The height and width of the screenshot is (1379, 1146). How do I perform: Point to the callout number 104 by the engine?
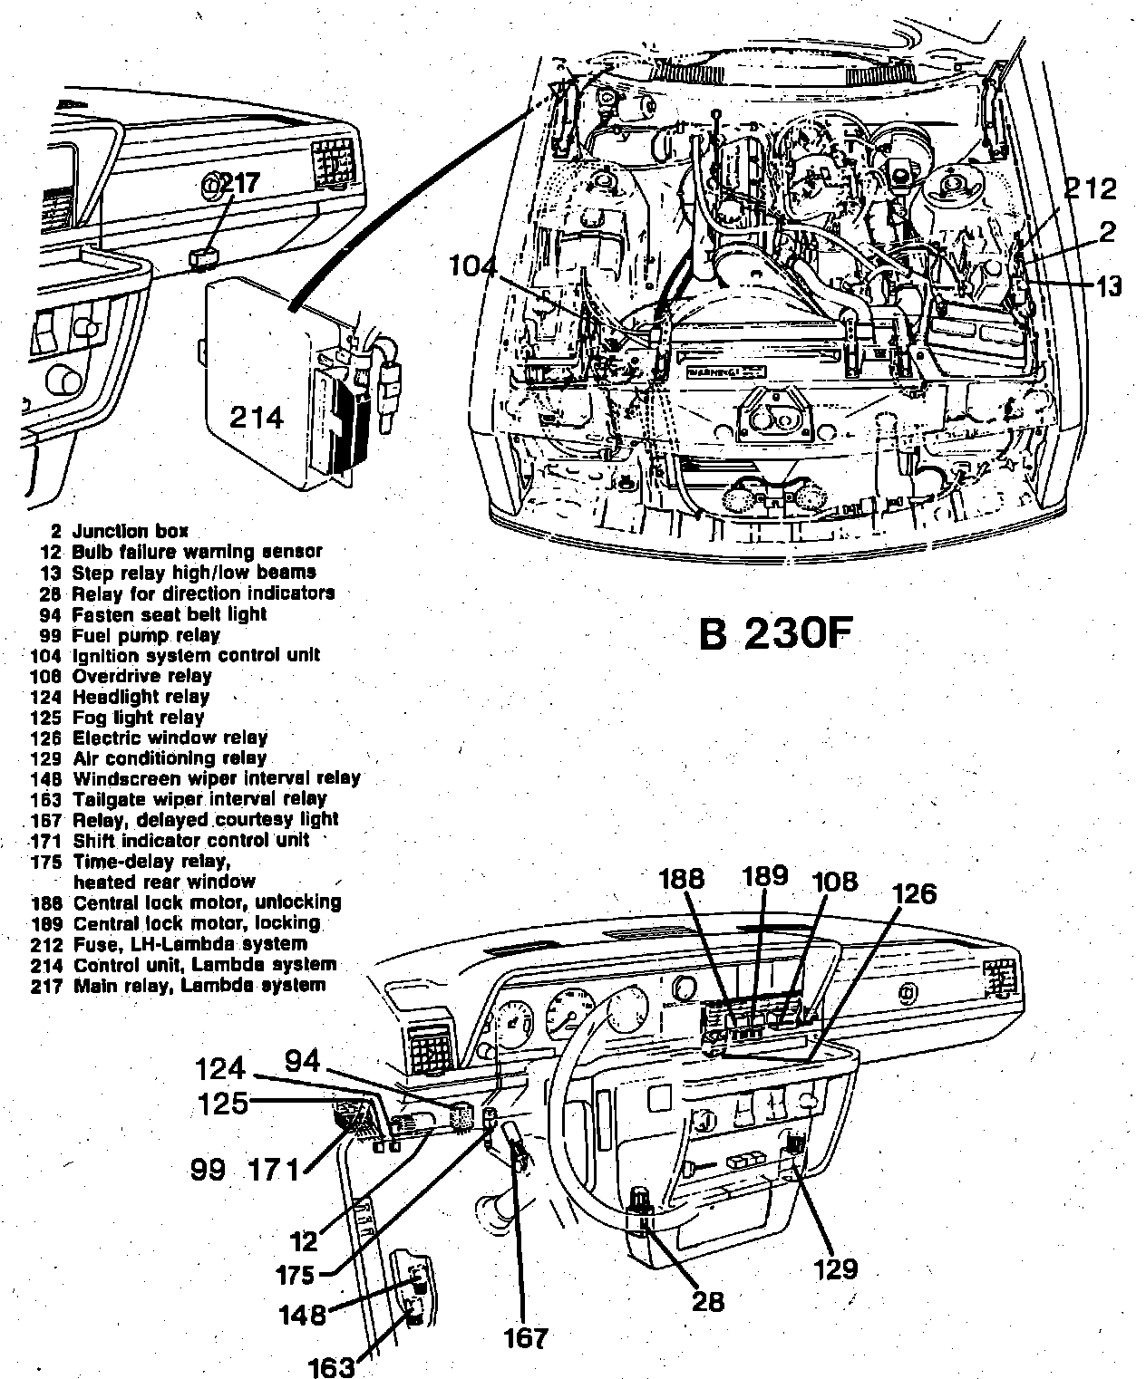pyautogui.click(x=472, y=266)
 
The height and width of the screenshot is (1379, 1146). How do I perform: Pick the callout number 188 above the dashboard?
pyautogui.click(x=682, y=879)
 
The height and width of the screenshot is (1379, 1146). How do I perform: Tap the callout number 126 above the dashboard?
pyautogui.click(x=913, y=893)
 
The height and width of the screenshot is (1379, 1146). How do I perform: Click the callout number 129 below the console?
pyautogui.click(x=836, y=1268)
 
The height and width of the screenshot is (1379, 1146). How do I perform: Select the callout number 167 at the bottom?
pyautogui.click(x=527, y=1337)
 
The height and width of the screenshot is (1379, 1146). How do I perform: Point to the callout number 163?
pyautogui.click(x=332, y=1366)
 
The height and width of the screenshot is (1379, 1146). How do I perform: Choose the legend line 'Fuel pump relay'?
pyautogui.click(x=146, y=635)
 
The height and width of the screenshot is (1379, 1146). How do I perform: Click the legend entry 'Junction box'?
pyautogui.click(x=131, y=531)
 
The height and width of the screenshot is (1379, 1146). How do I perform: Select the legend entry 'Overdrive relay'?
pyautogui.click(x=141, y=676)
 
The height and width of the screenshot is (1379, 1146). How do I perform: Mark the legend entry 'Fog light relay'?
pyautogui.click(x=139, y=718)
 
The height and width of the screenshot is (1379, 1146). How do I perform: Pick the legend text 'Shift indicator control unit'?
pyautogui.click(x=191, y=840)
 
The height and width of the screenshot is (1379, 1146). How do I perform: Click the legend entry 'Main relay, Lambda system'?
pyautogui.click(x=199, y=985)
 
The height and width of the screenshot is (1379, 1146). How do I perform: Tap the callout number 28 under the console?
pyautogui.click(x=707, y=1301)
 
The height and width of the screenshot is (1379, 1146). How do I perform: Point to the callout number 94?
pyautogui.click(x=303, y=1060)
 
